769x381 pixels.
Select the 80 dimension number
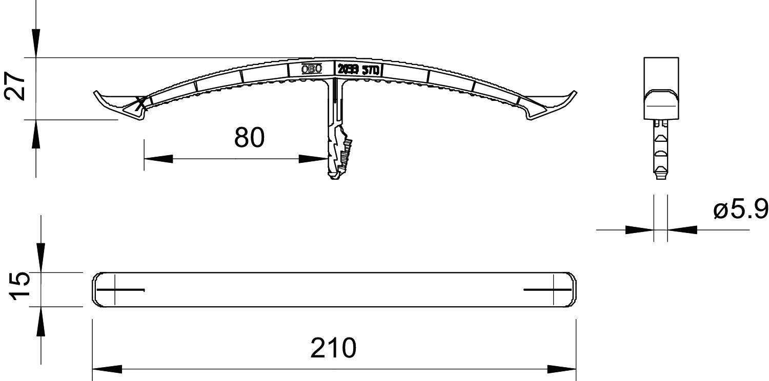[249, 138]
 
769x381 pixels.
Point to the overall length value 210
[333, 349]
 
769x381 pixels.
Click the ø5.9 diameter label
[740, 209]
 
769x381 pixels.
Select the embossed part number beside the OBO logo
[358, 70]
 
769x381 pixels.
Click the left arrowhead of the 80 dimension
[158, 159]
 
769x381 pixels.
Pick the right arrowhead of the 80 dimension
[313, 159]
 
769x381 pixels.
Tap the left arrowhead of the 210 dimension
[107, 369]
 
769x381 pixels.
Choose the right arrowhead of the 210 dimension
[562, 369]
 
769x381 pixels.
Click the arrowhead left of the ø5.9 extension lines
[639, 230]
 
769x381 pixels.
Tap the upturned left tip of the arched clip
[96, 93]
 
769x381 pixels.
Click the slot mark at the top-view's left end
[120, 290]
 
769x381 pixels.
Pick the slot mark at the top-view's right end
[548, 290]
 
